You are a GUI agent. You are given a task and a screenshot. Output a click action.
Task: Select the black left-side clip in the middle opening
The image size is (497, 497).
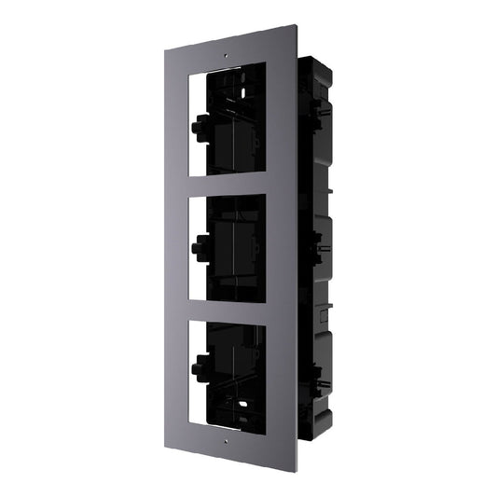[197, 247]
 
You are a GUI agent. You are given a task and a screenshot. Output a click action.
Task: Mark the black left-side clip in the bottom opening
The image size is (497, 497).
[199, 371]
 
